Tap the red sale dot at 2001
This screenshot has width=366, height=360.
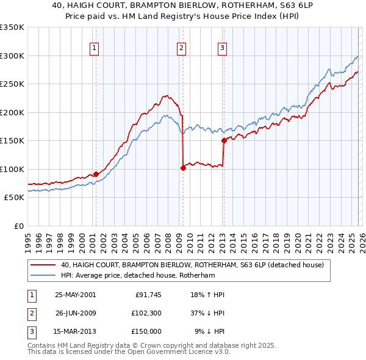tap(96, 174)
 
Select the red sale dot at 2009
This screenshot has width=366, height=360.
tap(183, 168)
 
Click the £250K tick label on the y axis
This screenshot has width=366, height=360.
tap(12, 84)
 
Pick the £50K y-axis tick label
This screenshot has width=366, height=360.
tap(14, 198)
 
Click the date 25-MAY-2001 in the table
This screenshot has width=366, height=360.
tap(75, 295)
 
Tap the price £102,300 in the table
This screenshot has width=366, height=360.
tap(147, 313)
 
